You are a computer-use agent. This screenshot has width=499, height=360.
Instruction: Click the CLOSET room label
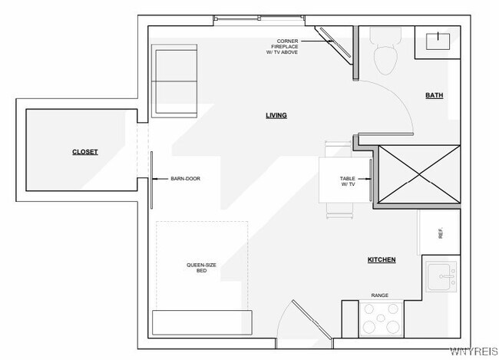point(85,152)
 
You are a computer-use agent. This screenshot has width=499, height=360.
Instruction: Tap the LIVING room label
point(276,115)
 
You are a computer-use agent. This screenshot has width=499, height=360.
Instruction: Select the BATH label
point(435,95)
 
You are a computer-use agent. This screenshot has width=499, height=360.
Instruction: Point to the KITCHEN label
point(382,259)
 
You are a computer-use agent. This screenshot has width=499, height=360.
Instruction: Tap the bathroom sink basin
point(438,41)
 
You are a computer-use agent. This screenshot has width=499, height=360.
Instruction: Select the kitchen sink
point(441,277)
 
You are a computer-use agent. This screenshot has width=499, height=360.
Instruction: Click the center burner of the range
point(381,318)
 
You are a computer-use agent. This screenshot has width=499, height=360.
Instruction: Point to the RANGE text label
point(380,296)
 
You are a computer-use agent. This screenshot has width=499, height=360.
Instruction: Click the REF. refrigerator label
point(441,233)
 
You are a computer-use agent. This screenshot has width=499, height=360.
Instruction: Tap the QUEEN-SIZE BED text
point(201,268)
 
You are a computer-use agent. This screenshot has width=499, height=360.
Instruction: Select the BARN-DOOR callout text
point(186,179)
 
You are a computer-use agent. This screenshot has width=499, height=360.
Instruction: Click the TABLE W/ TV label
point(348,181)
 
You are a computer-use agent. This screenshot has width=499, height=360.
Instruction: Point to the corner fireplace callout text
point(283,47)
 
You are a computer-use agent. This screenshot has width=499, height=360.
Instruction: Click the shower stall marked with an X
point(419,174)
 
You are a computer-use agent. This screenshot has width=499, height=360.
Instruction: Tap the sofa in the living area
point(174,81)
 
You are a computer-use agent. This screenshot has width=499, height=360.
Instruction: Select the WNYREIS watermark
point(474,352)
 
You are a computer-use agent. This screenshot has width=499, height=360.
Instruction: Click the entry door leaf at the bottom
point(312,319)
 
